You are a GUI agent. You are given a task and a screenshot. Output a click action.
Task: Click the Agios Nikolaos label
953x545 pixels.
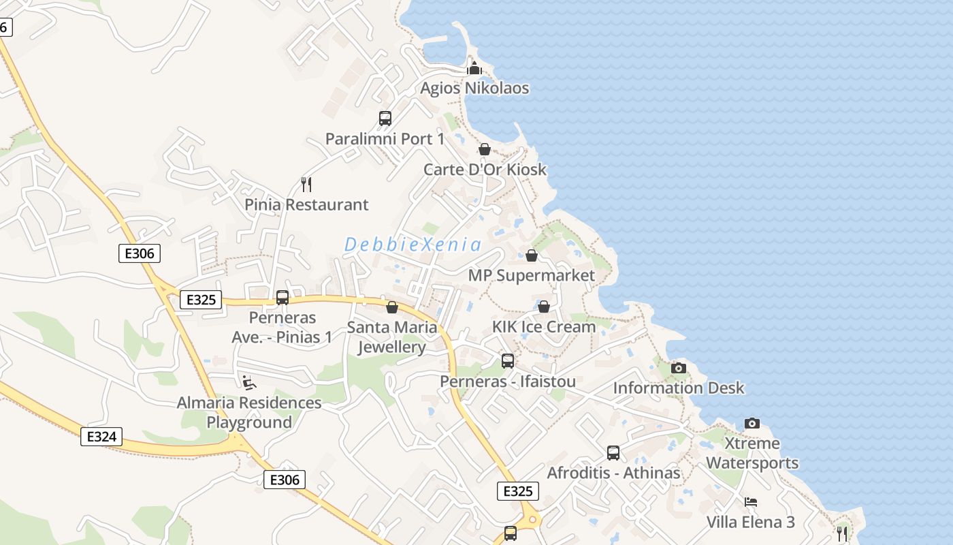[x=474, y=89]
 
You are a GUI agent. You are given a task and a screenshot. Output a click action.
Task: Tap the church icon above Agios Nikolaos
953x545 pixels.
[x=474, y=68]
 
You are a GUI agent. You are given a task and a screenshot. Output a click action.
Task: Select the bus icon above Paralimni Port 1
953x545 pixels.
[x=385, y=119]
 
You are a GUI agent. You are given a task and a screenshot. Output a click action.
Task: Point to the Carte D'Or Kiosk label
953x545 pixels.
[x=485, y=170]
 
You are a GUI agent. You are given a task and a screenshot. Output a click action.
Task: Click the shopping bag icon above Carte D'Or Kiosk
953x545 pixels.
[x=485, y=149]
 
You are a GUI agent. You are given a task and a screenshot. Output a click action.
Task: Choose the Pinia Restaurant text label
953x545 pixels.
[x=306, y=204]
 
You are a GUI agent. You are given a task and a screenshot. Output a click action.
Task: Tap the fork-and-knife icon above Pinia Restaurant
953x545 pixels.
[x=306, y=184]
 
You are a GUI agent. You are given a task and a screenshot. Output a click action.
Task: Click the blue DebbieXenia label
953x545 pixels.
[x=413, y=245]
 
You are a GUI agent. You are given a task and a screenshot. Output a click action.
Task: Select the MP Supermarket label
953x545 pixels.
[x=532, y=276]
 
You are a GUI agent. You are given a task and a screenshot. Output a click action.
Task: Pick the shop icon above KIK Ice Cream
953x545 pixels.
[x=544, y=307]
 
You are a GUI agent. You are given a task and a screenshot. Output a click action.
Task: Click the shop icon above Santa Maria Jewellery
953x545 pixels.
[x=392, y=307]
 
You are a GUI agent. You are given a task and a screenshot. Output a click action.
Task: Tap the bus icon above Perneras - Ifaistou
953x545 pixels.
[x=508, y=361]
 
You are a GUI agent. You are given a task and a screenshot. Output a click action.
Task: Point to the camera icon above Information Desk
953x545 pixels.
[x=679, y=368]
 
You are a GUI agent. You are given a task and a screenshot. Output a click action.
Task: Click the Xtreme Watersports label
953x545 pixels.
[x=752, y=453]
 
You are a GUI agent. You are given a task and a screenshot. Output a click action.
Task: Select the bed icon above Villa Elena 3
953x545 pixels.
[x=751, y=502]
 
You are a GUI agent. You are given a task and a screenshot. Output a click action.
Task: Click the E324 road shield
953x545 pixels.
[x=101, y=437]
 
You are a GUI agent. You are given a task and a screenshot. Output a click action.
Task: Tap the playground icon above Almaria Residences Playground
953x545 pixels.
[x=249, y=382]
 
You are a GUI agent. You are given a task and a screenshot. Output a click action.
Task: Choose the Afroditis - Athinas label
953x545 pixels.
[x=613, y=473]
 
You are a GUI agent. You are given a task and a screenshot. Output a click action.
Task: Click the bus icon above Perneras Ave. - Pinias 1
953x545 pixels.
[x=282, y=298]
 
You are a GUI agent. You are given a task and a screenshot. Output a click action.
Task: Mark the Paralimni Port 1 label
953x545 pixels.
[x=385, y=139]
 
